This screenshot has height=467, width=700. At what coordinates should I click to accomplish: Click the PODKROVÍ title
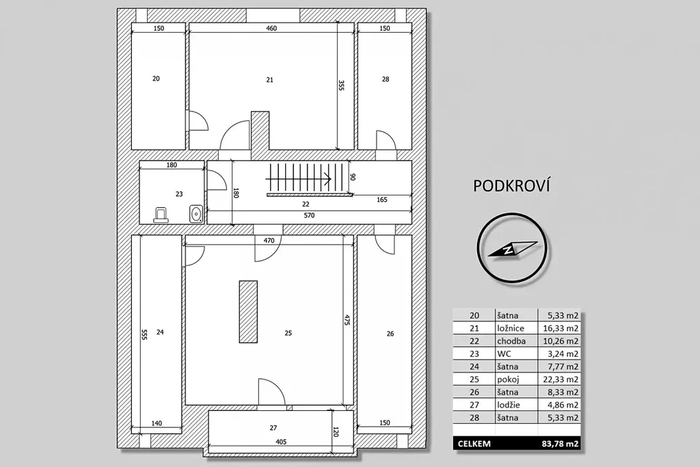click(x=511, y=186)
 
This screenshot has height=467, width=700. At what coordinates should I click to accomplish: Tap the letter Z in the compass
click(x=508, y=250)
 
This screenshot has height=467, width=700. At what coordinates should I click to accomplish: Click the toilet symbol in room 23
click(x=161, y=215)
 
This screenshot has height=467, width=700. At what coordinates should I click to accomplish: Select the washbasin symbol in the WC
click(x=196, y=214)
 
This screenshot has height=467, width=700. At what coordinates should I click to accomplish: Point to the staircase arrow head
click(x=328, y=179)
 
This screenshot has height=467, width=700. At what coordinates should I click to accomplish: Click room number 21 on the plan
click(x=269, y=80)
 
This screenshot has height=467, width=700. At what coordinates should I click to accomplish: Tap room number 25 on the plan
click(x=288, y=333)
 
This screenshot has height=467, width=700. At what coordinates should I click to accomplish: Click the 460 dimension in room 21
click(x=271, y=28)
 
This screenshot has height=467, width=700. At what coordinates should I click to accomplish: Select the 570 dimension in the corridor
click(x=310, y=215)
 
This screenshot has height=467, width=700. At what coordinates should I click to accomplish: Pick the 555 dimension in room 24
click(x=144, y=335)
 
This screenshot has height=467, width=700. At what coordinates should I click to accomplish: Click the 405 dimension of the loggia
click(x=281, y=442)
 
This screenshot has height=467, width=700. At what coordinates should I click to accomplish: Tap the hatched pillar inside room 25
click(x=248, y=312)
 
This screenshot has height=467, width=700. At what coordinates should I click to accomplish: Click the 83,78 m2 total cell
click(x=561, y=444)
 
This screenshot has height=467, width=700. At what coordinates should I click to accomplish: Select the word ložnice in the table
click(x=511, y=328)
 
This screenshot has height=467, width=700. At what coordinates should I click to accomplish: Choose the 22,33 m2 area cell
click(x=561, y=379)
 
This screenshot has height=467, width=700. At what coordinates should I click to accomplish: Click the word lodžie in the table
click(x=509, y=405)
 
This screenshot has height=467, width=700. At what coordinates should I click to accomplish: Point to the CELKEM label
click(x=474, y=444)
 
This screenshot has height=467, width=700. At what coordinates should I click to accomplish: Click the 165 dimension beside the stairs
click(x=381, y=200)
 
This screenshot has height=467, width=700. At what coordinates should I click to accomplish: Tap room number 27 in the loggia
click(x=273, y=428)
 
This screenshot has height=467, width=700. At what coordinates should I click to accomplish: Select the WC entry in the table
click(x=503, y=354)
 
